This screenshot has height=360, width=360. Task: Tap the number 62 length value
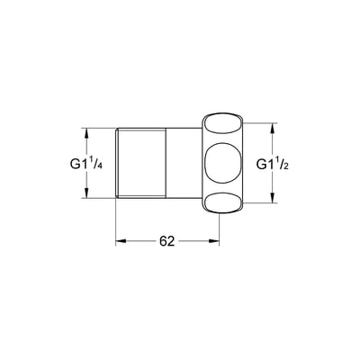click(x=166, y=241)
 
